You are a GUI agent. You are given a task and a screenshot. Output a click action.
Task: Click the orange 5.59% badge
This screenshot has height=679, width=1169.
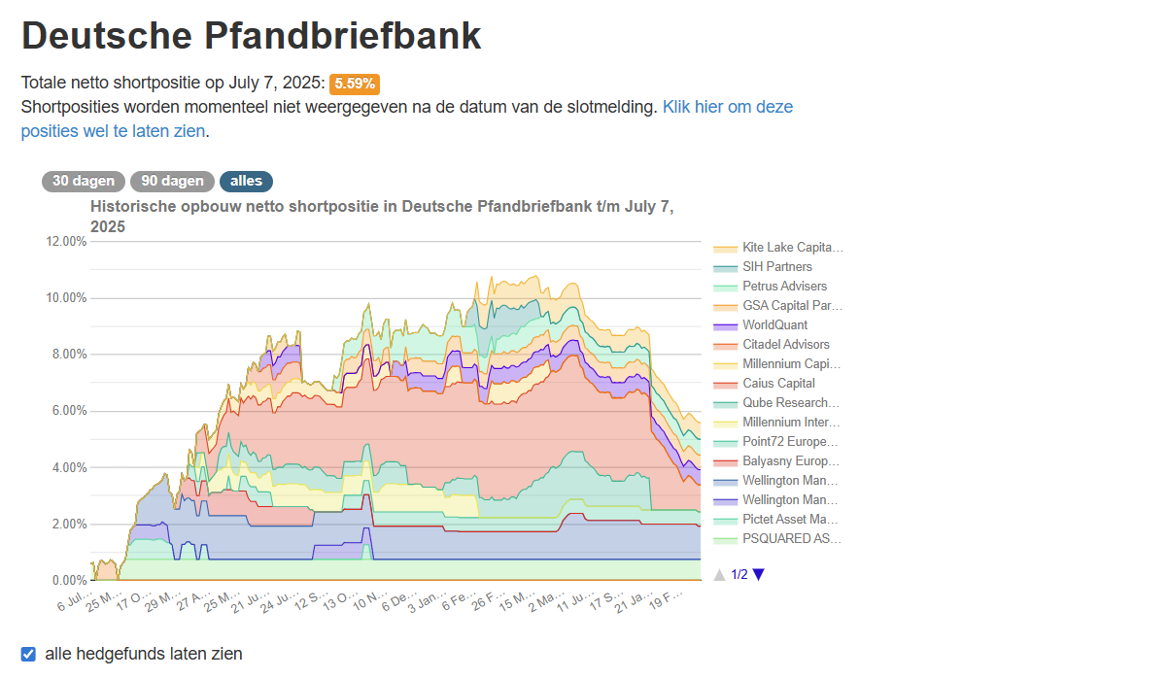355,84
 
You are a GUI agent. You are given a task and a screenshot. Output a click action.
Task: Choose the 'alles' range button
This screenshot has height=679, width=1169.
246,182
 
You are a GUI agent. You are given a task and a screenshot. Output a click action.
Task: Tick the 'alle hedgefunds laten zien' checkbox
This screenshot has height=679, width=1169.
28,654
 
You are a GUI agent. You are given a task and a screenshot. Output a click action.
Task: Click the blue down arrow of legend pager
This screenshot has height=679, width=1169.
759,574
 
